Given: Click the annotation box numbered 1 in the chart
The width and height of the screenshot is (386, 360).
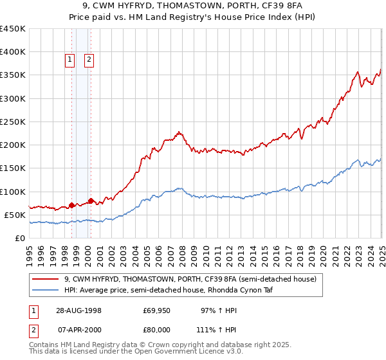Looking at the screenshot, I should (x=70, y=60).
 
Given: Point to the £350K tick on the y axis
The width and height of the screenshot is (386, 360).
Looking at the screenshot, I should (x=13, y=75).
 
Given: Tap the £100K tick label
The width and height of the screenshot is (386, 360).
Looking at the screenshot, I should (x=13, y=192).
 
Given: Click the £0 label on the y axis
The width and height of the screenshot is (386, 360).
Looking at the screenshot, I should (x=20, y=238).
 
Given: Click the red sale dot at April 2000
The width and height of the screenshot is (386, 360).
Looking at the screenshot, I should (x=91, y=201).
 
